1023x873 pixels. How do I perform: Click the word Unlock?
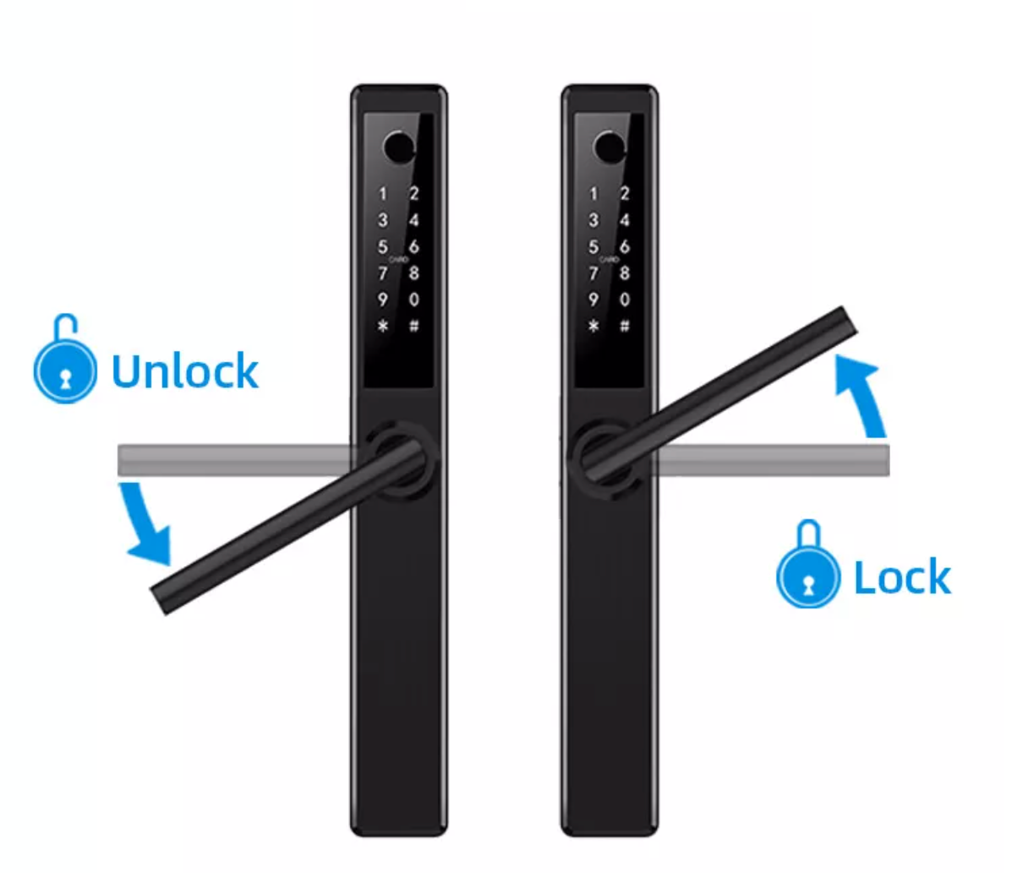(x=185, y=371)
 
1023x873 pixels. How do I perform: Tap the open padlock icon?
(x=65, y=359)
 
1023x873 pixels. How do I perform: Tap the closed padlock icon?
(x=808, y=564)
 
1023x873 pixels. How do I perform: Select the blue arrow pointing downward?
(x=144, y=524)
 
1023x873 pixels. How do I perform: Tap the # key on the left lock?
(x=414, y=326)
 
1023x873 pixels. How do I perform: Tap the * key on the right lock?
(x=594, y=326)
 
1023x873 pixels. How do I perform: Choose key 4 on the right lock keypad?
(x=625, y=220)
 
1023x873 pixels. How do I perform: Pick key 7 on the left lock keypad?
(x=383, y=273)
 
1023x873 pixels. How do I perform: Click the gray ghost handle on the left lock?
(x=235, y=460)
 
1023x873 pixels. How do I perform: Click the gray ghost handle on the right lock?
(x=772, y=460)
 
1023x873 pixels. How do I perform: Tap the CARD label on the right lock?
(x=610, y=260)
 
